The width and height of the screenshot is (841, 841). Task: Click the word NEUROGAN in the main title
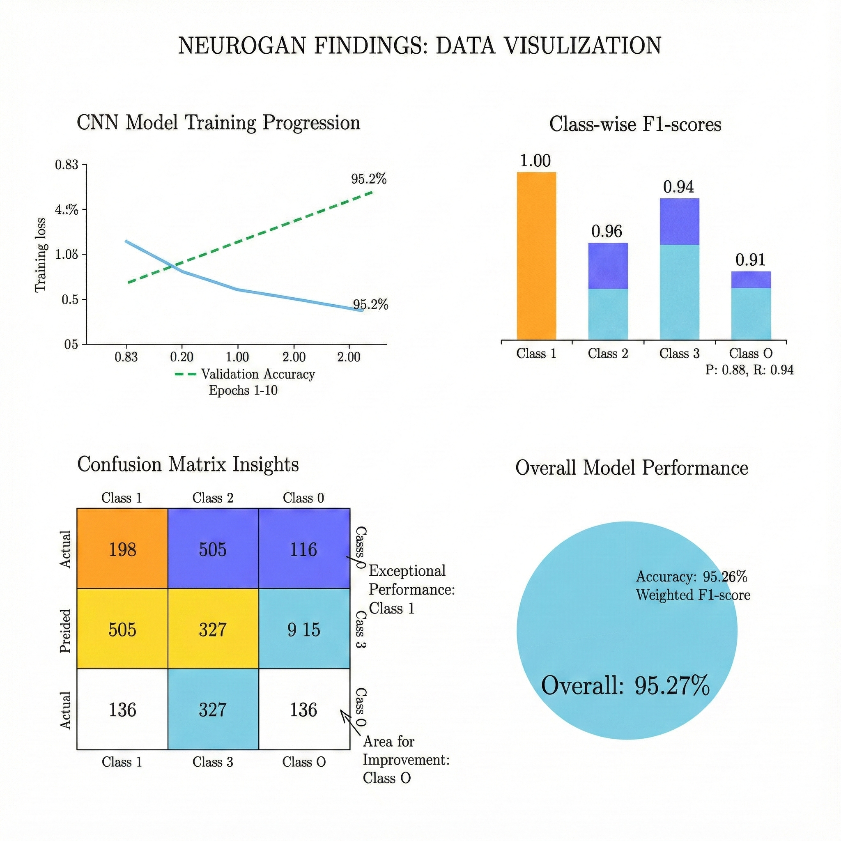click(241, 46)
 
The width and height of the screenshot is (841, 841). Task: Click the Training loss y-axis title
click(41, 255)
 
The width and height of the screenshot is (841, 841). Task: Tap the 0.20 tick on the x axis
click(182, 357)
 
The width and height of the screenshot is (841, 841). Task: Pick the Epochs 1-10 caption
click(243, 390)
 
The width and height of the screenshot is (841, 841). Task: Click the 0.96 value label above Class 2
click(607, 232)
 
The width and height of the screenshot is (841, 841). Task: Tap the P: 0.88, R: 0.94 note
click(749, 370)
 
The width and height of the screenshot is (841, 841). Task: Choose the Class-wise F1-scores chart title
click(635, 124)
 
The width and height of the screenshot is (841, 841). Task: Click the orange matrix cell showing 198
click(122, 549)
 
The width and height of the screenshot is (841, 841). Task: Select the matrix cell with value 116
click(304, 549)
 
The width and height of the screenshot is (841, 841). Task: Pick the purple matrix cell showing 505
click(213, 549)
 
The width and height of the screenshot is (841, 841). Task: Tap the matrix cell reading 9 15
click(304, 630)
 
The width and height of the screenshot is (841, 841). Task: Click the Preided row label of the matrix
click(65, 631)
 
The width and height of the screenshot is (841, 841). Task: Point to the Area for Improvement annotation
click(406, 759)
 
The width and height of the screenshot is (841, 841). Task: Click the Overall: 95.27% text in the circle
click(625, 686)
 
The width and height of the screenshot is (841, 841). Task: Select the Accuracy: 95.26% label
click(691, 577)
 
